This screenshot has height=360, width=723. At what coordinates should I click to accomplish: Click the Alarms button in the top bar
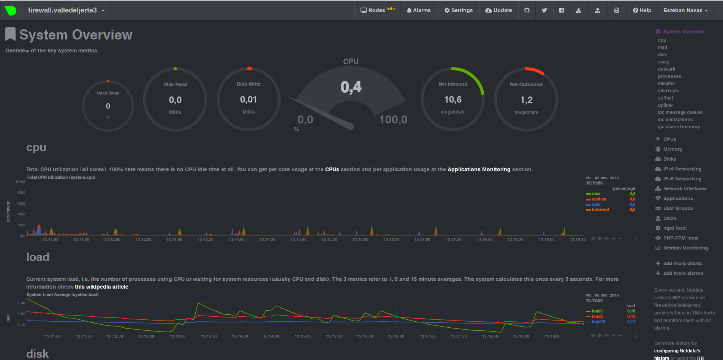(419, 10)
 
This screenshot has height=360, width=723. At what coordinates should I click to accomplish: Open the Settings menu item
(459, 10)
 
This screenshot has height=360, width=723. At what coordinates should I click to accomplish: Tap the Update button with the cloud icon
(498, 10)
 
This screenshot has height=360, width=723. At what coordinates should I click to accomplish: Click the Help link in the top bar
(642, 10)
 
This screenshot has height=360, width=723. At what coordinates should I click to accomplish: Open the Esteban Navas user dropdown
(685, 10)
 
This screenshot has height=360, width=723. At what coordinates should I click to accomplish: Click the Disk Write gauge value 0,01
(248, 99)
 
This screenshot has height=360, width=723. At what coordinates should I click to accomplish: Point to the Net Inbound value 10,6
(453, 99)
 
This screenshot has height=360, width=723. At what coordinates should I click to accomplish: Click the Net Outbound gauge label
(526, 84)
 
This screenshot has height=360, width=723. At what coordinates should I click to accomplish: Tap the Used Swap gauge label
(108, 93)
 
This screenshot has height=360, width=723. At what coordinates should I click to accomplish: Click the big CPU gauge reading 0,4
(351, 87)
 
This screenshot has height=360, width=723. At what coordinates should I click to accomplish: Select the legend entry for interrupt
(600, 210)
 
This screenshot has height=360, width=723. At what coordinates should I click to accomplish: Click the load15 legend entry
(598, 322)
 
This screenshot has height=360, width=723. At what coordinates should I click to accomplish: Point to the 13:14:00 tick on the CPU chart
(236, 240)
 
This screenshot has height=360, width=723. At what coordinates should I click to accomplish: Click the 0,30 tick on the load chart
(21, 303)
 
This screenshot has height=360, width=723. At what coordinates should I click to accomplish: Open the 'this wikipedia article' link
(101, 287)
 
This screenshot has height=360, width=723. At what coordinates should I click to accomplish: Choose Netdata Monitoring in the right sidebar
(685, 248)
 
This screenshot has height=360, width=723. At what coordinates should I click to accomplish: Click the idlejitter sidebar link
(666, 84)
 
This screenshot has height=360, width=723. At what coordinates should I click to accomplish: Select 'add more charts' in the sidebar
(682, 264)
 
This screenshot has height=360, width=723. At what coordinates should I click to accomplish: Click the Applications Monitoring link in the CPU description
(479, 169)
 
